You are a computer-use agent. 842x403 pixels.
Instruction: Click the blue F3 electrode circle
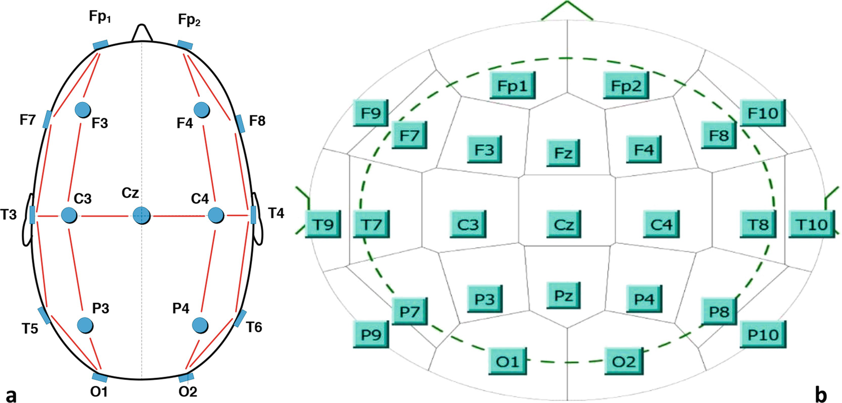click(82, 109)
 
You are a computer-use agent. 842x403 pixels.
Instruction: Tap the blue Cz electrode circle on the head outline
click(142, 215)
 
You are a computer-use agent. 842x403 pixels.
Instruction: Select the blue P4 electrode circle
click(201, 325)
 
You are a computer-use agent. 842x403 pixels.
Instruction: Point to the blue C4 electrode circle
click(216, 215)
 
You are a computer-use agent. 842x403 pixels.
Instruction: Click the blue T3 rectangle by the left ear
click(32, 215)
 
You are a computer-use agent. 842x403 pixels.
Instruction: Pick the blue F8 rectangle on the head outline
click(240, 123)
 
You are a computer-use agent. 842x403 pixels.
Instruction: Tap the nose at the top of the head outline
click(142, 33)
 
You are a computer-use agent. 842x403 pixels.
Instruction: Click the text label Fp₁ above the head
click(100, 17)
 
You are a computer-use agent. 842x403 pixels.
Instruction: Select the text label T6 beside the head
click(254, 328)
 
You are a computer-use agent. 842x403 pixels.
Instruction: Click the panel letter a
click(11, 395)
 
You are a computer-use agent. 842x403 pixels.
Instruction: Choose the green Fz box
click(563, 153)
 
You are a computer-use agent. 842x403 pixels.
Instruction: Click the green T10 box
click(812, 224)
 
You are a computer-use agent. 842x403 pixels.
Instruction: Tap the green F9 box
click(370, 113)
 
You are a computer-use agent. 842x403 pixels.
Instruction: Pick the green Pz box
click(563, 295)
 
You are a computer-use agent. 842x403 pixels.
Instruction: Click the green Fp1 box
click(512, 85)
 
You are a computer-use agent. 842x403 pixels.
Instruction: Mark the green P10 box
click(763, 334)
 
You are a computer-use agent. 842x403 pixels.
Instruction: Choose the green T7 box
click(371, 224)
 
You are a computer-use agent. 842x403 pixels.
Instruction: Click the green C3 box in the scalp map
click(467, 224)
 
